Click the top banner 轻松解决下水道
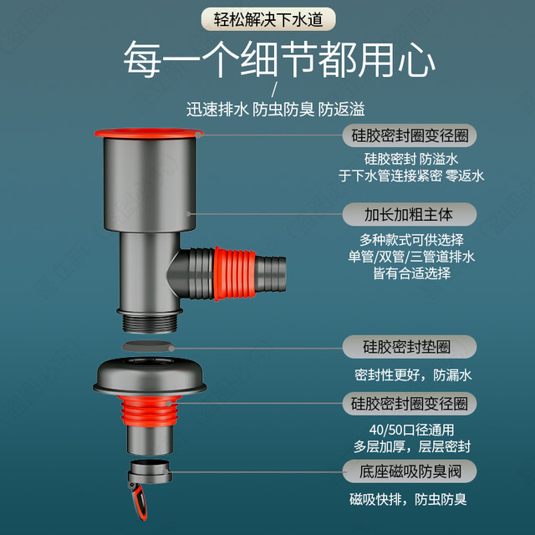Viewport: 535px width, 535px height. (x=268, y=19)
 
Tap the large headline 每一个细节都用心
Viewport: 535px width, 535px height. (x=278, y=59)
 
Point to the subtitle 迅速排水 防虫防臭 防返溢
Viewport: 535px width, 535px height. (x=275, y=110)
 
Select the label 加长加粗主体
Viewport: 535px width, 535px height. (x=409, y=215)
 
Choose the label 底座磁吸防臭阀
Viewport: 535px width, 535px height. (x=409, y=471)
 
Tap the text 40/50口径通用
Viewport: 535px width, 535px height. (x=411, y=430)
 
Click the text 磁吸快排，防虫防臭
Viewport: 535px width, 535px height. (x=408, y=500)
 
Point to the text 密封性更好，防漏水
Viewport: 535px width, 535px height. (x=413, y=375)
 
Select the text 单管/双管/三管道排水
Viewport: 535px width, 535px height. (x=411, y=257)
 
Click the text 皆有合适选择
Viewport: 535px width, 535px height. (x=412, y=273)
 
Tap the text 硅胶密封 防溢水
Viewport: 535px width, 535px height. (x=411, y=159)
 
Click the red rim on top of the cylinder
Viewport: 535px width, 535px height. (x=149, y=133)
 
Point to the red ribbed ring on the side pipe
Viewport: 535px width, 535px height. (x=235, y=273)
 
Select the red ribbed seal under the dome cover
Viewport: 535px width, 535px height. (x=149, y=410)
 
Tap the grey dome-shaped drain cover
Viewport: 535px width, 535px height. (x=150, y=375)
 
